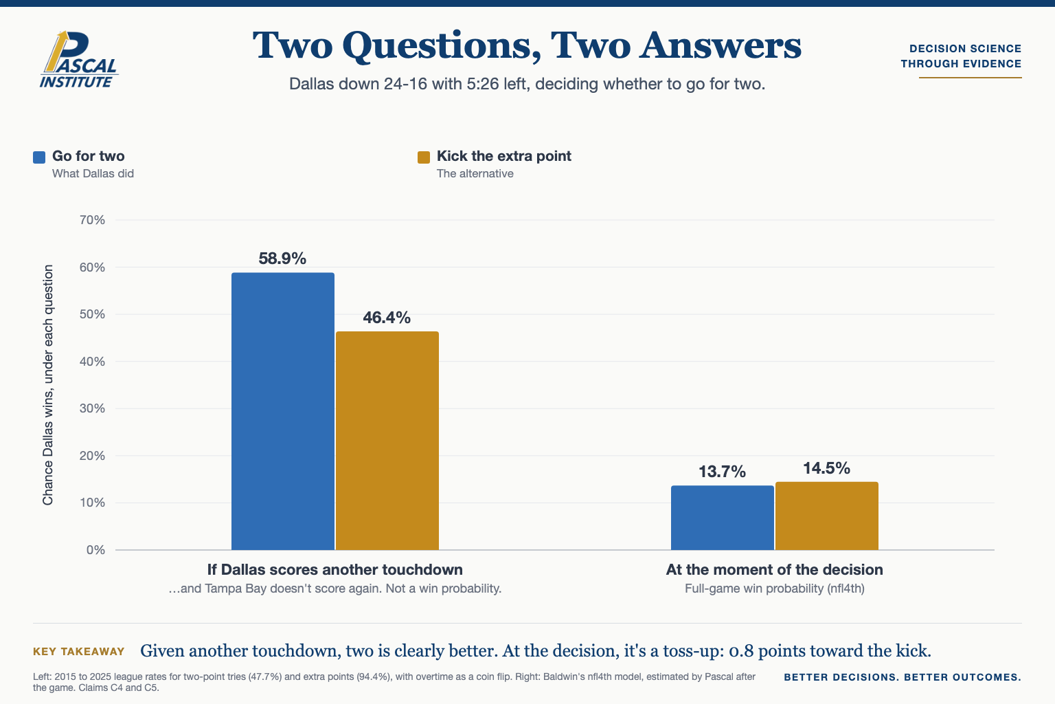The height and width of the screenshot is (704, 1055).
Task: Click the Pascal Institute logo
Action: (79, 59)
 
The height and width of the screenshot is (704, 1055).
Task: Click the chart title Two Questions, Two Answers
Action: (527, 45)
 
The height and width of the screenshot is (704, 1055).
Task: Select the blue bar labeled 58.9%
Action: (282, 411)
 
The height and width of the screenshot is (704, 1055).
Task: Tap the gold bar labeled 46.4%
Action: (387, 441)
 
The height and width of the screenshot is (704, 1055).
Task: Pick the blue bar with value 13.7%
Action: (723, 518)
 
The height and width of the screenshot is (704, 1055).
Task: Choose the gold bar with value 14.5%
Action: (826, 516)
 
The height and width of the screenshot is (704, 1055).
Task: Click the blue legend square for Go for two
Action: (39, 157)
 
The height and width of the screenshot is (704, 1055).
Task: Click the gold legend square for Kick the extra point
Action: (424, 157)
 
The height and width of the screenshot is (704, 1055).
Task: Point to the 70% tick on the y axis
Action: (92, 220)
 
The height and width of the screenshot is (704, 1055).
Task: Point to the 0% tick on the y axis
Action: (95, 550)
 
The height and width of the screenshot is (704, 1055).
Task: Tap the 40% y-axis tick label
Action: (92, 362)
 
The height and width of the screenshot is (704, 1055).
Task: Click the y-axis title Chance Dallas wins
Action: (48, 385)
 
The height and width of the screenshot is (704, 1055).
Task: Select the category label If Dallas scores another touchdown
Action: (335, 570)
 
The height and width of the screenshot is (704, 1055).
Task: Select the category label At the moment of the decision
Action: (774, 570)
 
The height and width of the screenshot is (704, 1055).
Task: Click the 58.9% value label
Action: (282, 258)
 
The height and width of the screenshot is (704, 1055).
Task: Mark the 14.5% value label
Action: (826, 468)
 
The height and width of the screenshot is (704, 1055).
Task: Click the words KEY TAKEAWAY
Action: (79, 652)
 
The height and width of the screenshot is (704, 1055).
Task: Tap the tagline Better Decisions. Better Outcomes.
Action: (903, 677)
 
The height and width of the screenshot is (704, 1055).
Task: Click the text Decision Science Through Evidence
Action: (962, 56)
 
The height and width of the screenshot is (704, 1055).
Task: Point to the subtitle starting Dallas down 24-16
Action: (527, 84)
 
